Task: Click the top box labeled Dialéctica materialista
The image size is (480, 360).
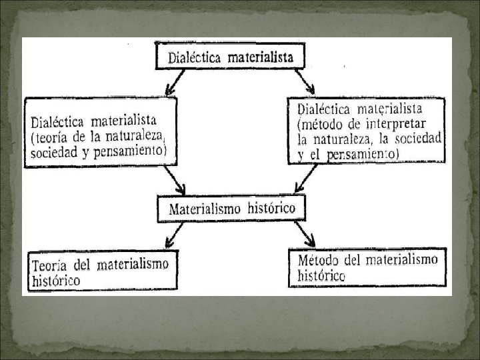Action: click(230, 56)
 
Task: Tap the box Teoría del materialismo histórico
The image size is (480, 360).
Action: click(102, 270)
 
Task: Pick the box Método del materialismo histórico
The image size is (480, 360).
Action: click(367, 267)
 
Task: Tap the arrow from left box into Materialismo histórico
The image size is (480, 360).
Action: click(175, 179)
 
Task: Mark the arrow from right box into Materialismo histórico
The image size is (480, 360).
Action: click(307, 179)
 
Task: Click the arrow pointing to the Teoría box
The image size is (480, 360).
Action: click(174, 234)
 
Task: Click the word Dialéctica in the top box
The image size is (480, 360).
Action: click(195, 57)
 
